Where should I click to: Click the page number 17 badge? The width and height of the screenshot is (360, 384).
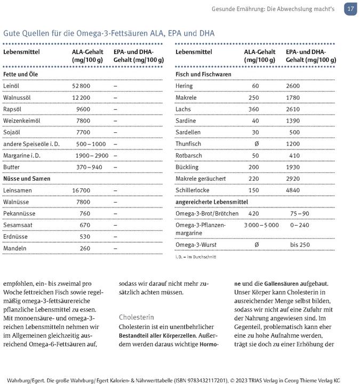point(350,9)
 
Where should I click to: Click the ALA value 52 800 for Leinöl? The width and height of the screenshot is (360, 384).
point(81,86)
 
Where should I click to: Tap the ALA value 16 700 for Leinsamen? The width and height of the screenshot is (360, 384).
point(81,190)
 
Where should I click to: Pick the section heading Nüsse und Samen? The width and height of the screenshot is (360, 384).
point(27,179)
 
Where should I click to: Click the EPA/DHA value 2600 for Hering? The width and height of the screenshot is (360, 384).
point(293,86)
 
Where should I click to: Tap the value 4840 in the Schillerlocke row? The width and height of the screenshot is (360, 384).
point(293,190)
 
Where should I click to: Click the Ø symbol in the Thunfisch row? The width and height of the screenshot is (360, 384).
point(257,144)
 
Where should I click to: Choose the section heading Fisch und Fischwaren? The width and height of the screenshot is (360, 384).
point(203,74)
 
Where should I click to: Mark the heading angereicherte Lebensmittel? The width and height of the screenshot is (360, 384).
point(211,202)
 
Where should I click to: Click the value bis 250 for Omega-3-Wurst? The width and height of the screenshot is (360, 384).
point(300,245)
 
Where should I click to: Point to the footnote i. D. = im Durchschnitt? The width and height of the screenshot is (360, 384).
point(195,257)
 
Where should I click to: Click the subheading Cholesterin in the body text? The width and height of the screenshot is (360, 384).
point(136,317)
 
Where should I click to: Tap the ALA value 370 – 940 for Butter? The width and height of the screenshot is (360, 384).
point(89,167)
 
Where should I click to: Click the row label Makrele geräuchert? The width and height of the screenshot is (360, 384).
point(201,179)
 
